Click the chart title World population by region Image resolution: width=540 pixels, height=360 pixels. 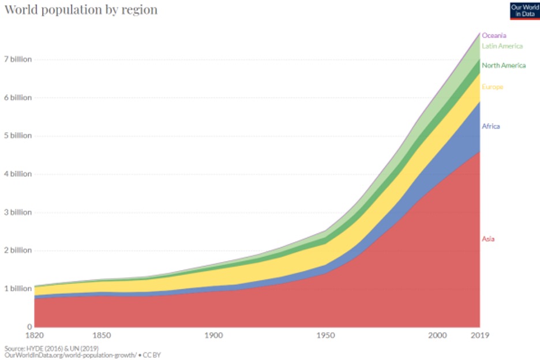click(x=81, y=10)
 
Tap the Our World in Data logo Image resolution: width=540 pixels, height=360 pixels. click(x=524, y=10)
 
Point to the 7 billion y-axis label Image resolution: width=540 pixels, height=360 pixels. click(x=17, y=59)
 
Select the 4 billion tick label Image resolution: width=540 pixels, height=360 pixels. click(x=17, y=174)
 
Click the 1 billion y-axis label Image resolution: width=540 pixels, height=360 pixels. click(x=16, y=288)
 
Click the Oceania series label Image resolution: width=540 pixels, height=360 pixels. click(x=494, y=36)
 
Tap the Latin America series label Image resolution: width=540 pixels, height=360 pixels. click(x=502, y=46)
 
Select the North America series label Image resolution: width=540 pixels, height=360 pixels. click(x=504, y=66)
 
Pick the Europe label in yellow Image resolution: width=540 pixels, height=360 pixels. click(x=493, y=87)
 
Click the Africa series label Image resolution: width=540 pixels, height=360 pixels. click(x=490, y=126)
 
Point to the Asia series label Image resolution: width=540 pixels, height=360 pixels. click(x=488, y=239)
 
